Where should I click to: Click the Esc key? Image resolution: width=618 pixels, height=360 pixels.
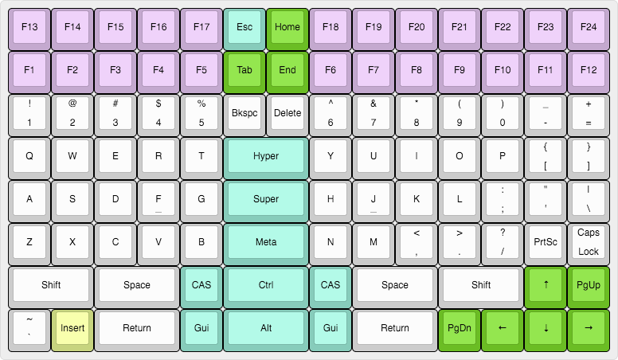[x=244, y=27]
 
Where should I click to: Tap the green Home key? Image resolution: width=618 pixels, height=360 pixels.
[x=287, y=27]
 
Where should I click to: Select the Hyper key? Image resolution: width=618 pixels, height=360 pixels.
[x=266, y=156]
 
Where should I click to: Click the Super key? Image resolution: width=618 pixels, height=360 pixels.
[x=266, y=199]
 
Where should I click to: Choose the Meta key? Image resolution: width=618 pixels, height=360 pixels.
[x=266, y=242]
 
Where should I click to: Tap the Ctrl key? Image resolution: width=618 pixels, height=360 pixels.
[x=266, y=285]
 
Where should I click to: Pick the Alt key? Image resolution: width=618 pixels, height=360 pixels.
[x=266, y=328]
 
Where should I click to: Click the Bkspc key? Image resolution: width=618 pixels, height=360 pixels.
[x=244, y=113]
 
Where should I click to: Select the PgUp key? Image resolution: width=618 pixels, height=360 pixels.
[x=589, y=285]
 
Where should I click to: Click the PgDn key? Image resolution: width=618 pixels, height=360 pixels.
[x=460, y=328]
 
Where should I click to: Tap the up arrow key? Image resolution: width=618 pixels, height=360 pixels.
[x=546, y=285]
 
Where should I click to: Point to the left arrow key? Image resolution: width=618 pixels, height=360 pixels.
[x=503, y=328]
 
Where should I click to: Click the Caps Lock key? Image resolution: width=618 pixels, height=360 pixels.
[x=589, y=242]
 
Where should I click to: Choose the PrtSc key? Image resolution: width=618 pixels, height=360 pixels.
[x=546, y=242]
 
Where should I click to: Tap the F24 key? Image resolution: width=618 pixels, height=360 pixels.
[x=589, y=27]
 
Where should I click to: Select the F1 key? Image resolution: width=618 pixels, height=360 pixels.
[x=29, y=70]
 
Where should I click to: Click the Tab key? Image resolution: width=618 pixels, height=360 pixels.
[x=244, y=70]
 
